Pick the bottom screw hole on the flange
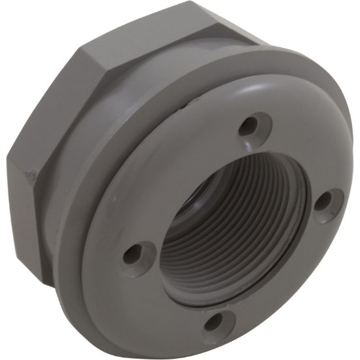213,320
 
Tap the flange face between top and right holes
301,151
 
